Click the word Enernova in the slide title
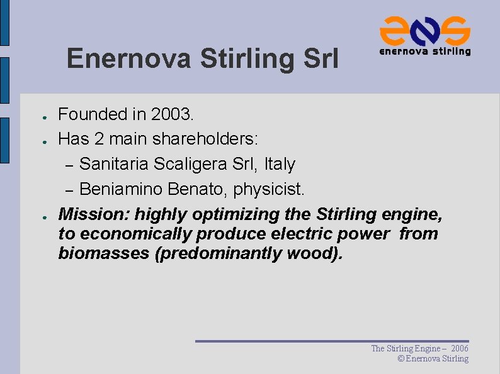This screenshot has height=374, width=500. coord(128,59)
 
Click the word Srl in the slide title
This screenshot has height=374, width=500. coord(321,59)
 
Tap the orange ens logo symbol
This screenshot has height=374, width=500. coord(424,30)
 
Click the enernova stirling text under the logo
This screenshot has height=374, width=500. coord(424,52)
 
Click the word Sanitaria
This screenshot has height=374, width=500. coord(114,164)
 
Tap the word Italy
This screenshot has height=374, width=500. coord(280,164)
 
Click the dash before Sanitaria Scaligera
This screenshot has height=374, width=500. coord(71,165)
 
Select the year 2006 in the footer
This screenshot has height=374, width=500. coord(460,348)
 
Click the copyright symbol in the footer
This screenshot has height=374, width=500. coord(401,359)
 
